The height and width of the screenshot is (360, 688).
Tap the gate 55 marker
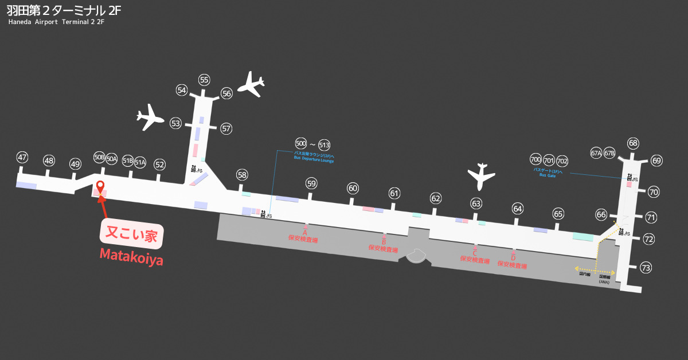[x=204, y=80]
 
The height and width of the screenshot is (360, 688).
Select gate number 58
[x=242, y=175]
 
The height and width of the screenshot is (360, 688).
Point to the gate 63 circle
[x=476, y=203]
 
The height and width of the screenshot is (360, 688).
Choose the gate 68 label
[x=633, y=143]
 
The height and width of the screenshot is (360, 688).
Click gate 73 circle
[x=646, y=267]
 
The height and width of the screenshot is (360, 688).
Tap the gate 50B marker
[x=99, y=158]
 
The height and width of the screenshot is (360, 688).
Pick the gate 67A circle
[x=596, y=153]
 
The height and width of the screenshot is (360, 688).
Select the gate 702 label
[x=562, y=160]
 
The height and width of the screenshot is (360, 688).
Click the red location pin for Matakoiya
[x=100, y=187]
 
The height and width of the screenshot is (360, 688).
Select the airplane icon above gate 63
[x=481, y=177]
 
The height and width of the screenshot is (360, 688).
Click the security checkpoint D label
[x=513, y=261]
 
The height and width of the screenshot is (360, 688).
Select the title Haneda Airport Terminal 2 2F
[x=56, y=22]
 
